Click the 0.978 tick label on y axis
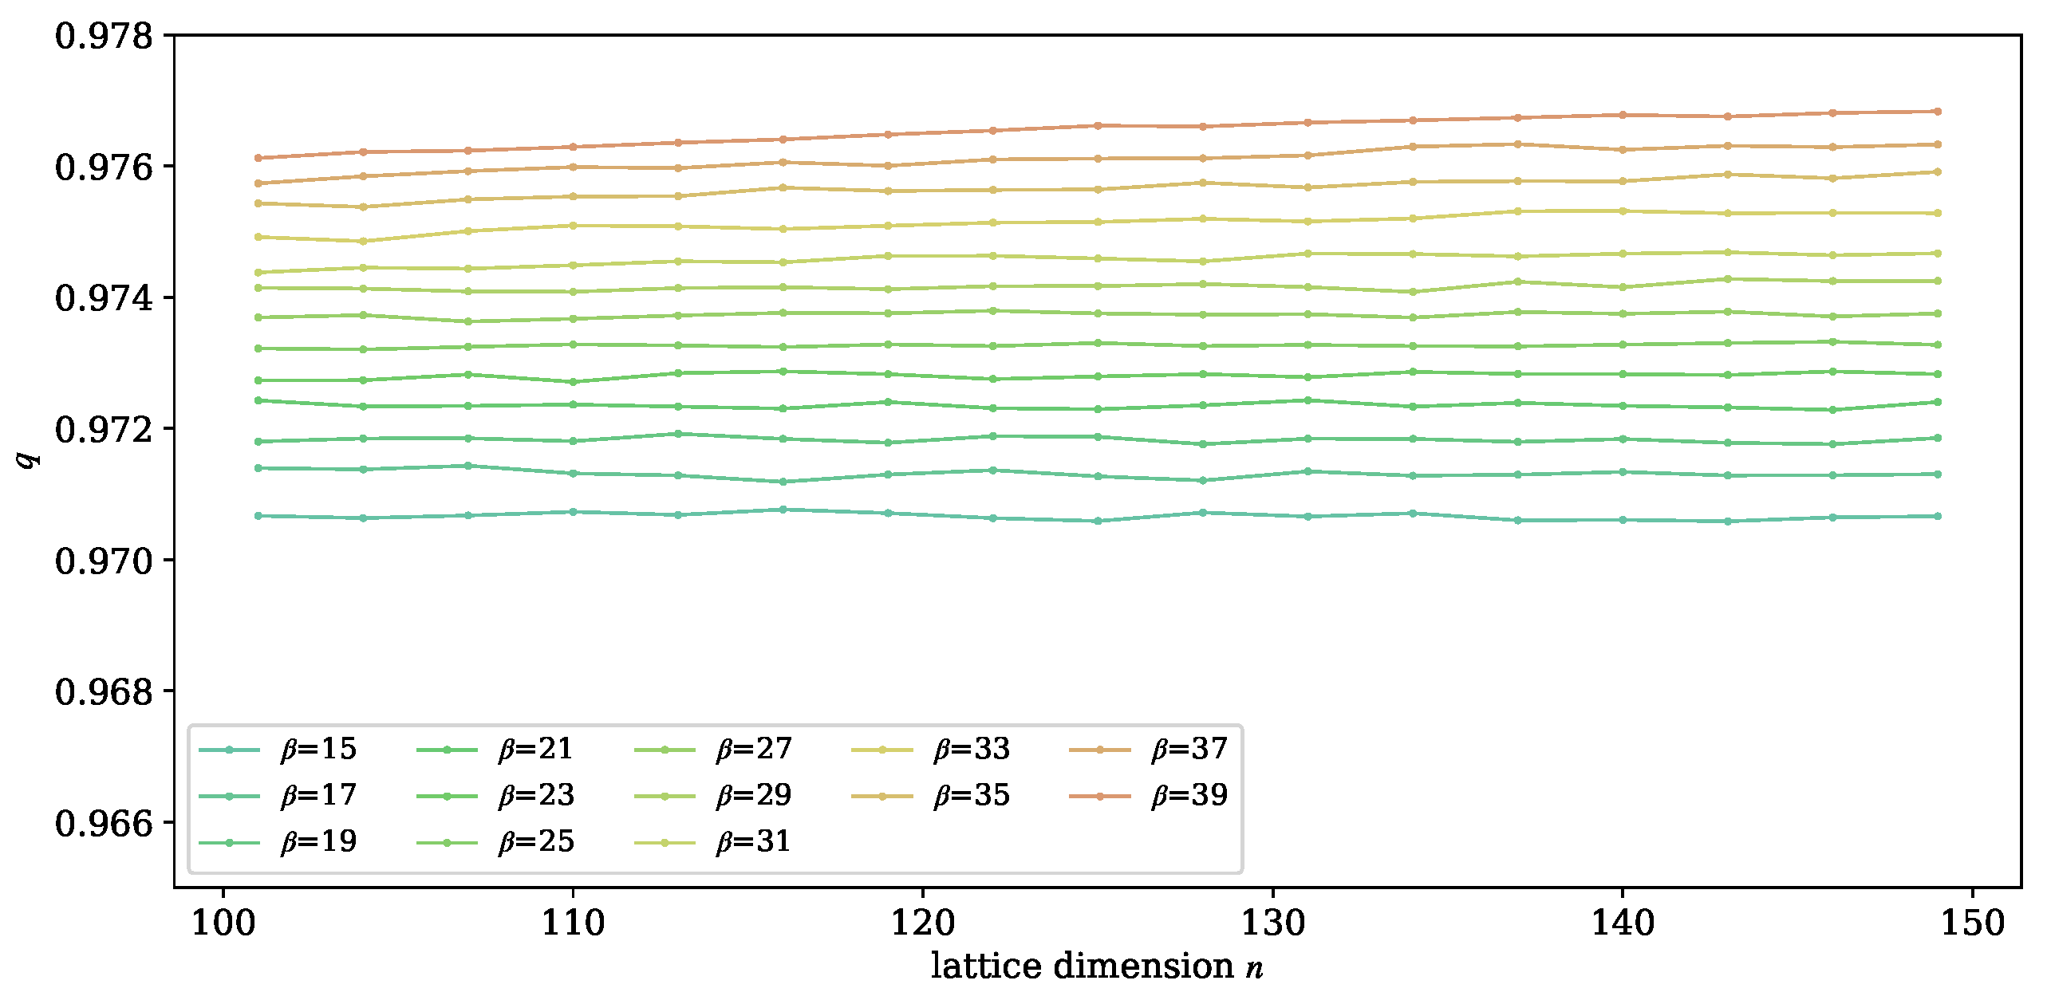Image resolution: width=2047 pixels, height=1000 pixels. tap(104, 36)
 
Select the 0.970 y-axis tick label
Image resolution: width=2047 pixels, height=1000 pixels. tap(104, 561)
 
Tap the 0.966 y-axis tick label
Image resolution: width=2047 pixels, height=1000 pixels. tap(104, 823)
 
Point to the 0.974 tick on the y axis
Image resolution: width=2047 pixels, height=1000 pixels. tap(104, 298)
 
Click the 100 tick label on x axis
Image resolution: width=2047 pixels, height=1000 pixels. tap(223, 923)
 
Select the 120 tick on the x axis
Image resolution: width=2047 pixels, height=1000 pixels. tap(923, 923)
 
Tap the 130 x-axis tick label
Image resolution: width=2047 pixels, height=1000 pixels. tap(1272, 923)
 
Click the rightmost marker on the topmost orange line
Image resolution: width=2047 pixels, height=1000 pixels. tap(1937, 112)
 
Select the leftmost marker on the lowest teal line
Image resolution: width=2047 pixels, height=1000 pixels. tap(258, 516)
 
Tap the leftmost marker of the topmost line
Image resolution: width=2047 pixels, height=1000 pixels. tap(258, 158)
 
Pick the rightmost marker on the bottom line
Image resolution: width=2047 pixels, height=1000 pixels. tap(1937, 516)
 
